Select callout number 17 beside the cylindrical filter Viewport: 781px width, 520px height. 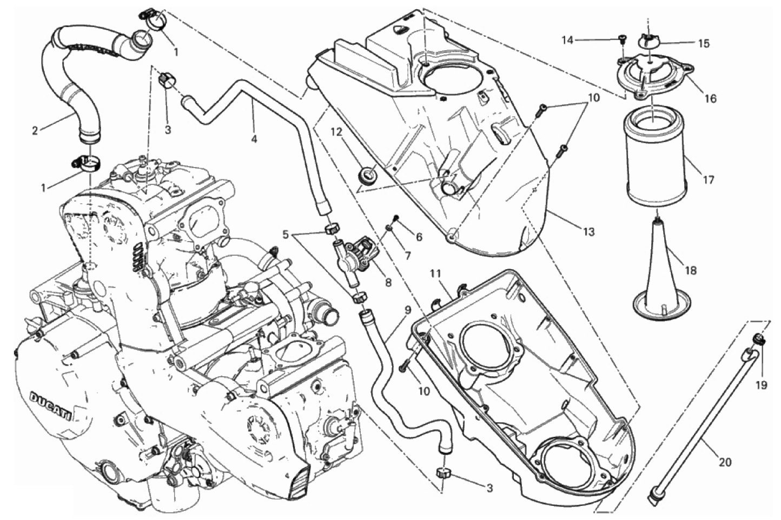click(x=709, y=179)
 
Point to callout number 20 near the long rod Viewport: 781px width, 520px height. click(x=725, y=462)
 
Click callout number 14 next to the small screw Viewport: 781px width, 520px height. click(x=567, y=41)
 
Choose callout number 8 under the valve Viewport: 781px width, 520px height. click(x=388, y=283)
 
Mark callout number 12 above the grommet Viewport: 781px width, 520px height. click(x=337, y=132)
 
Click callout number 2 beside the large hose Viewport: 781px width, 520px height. click(x=35, y=131)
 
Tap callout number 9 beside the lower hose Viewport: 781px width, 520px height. click(x=408, y=310)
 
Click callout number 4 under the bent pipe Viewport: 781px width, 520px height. click(x=254, y=139)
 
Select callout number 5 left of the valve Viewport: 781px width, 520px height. click(x=286, y=235)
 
